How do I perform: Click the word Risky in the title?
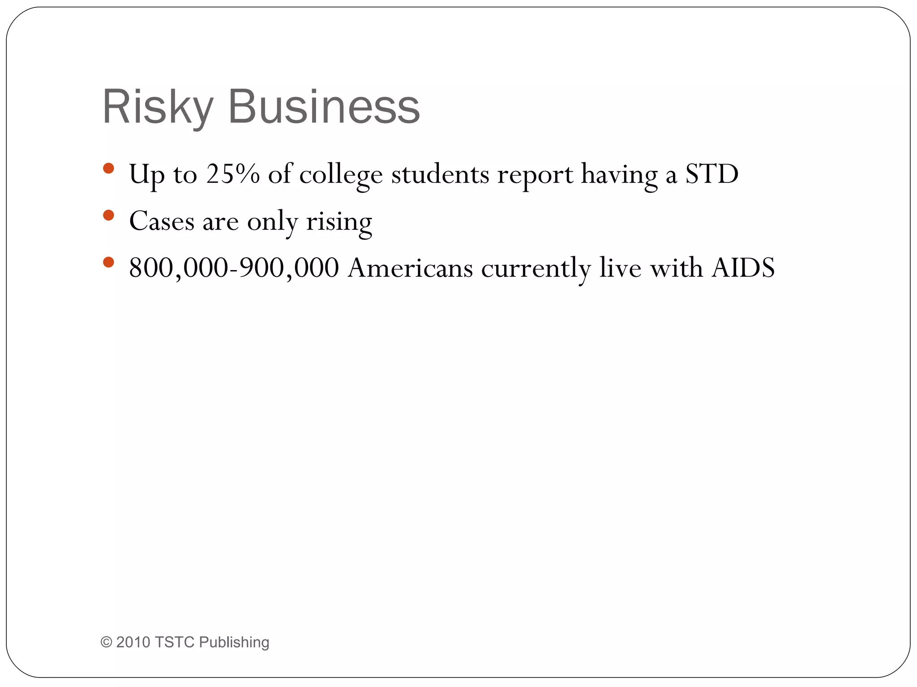click(x=157, y=107)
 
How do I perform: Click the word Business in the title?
click(x=324, y=107)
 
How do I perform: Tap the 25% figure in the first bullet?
click(x=233, y=174)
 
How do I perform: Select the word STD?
click(x=712, y=174)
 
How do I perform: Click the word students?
click(x=440, y=174)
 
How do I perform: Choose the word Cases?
click(x=162, y=221)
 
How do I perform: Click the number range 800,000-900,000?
click(x=234, y=268)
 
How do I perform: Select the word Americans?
click(x=410, y=268)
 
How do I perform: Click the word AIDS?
click(x=743, y=268)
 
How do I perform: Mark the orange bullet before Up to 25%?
click(x=108, y=169)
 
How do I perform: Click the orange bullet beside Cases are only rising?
click(x=108, y=216)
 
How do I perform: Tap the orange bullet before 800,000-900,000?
click(x=108, y=262)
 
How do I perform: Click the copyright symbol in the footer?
click(x=106, y=642)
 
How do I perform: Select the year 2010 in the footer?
click(x=133, y=642)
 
